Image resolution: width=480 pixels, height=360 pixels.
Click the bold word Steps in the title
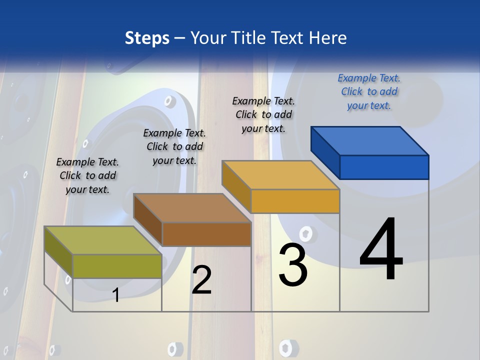point(147,38)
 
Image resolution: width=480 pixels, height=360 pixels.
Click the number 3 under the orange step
point(293,265)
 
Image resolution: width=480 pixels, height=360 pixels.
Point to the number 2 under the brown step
point(201,280)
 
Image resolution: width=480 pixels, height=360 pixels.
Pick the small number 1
point(116,295)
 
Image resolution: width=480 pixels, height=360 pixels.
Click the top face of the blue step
point(370,140)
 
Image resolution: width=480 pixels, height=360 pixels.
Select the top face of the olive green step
point(103,240)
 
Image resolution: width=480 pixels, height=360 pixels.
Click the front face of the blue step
point(384,167)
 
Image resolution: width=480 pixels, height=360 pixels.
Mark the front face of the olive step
point(117,266)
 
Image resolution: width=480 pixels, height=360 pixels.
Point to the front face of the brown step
point(206,234)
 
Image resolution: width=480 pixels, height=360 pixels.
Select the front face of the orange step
point(295,201)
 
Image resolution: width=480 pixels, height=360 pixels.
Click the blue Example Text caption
point(369,91)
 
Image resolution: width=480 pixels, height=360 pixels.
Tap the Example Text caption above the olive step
point(87,175)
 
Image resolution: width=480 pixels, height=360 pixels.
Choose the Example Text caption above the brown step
point(174,146)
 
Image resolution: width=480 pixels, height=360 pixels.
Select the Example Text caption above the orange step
point(263,114)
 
